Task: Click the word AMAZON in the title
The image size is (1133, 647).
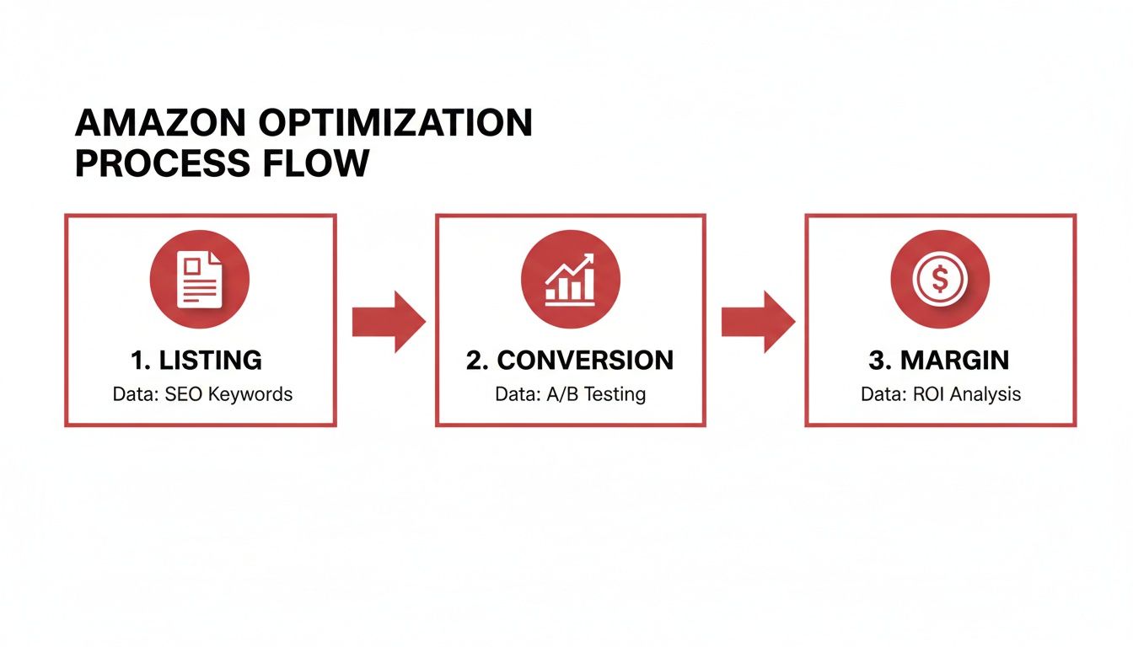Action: (160, 124)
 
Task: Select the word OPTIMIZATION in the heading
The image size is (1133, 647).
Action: (395, 124)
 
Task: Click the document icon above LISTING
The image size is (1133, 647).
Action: (200, 279)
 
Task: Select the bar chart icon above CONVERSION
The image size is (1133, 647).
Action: (570, 279)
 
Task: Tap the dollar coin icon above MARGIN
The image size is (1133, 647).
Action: (940, 279)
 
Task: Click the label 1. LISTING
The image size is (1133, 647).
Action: (196, 361)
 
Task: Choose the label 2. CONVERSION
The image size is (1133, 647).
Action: (570, 361)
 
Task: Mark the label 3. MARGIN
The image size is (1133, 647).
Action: (938, 361)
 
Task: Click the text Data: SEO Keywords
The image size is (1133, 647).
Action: (202, 394)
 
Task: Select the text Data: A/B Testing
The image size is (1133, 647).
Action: (570, 394)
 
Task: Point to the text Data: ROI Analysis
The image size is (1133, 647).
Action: (940, 394)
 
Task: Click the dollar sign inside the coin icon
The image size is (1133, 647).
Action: (940, 279)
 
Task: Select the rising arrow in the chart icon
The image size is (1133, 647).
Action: (572, 268)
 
